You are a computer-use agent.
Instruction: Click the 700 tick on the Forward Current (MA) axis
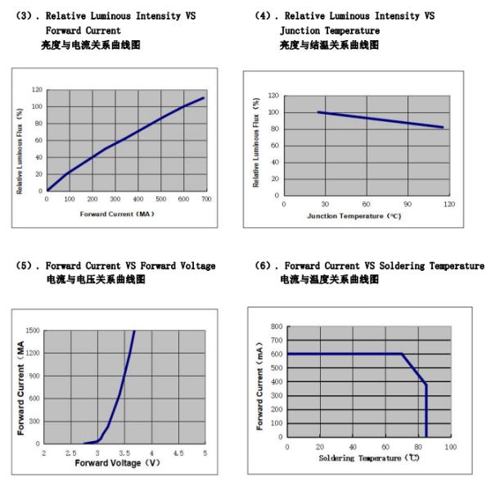pyautogui.click(x=207, y=199)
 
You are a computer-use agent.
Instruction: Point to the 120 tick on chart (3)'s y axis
pyautogui.click(x=38, y=89)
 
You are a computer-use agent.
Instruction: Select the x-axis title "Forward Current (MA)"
pyautogui.click(x=117, y=214)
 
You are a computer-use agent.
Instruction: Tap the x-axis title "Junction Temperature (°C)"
pyautogui.click(x=354, y=215)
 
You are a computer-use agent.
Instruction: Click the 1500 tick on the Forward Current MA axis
pyautogui.click(x=34, y=331)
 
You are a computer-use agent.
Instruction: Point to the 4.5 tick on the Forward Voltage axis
pyautogui.click(x=178, y=453)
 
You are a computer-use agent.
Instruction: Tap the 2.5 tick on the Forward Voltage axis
pyautogui.click(x=71, y=453)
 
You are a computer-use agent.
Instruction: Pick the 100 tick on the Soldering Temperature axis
pyautogui.click(x=451, y=447)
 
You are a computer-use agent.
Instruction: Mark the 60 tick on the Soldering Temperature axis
pyautogui.click(x=385, y=447)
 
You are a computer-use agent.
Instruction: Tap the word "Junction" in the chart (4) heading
pyautogui.click(x=300, y=30)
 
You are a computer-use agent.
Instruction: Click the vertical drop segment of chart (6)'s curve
pyautogui.click(x=426, y=409)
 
